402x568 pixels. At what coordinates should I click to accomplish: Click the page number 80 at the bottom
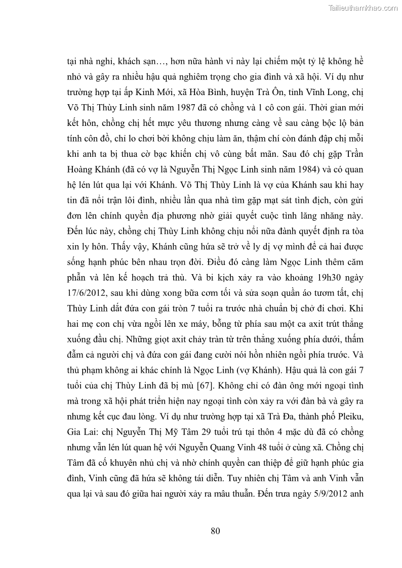pyautogui.click(x=215, y=531)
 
